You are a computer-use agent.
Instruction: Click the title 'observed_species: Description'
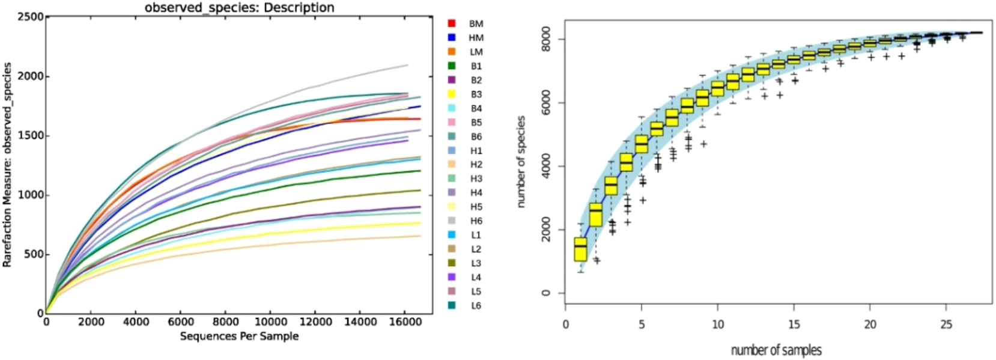[239, 7]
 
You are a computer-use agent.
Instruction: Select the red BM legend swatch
[452, 23]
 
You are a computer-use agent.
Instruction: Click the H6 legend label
[476, 221]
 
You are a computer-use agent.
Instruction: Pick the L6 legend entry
[476, 305]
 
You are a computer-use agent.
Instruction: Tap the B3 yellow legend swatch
[452, 94]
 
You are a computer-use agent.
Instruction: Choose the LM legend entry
[476, 52]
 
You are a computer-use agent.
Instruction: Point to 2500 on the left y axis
[30, 17]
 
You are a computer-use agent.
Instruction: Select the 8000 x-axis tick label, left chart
[226, 322]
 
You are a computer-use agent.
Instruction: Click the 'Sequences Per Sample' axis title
[239, 336]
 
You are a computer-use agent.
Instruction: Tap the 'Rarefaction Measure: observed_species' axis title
[7, 165]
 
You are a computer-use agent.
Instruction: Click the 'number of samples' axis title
[776, 350]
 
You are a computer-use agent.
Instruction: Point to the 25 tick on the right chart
[946, 325]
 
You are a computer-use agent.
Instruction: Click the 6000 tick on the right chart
[546, 103]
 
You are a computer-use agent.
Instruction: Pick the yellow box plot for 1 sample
[580, 249]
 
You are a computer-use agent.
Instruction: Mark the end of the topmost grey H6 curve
[408, 65]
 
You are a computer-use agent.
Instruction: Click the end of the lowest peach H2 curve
[419, 236]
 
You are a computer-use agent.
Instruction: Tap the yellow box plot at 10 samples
[718, 89]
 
